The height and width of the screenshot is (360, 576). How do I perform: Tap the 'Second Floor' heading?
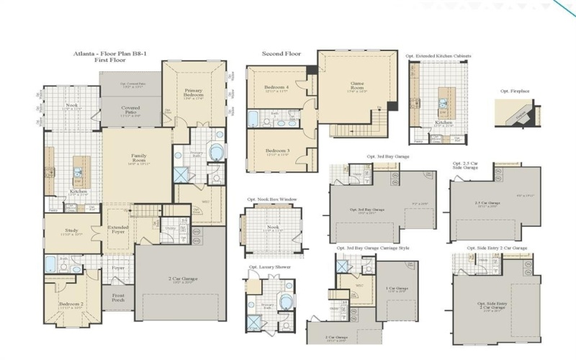coord(282,53)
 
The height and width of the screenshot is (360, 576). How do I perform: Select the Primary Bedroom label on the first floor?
coord(194,91)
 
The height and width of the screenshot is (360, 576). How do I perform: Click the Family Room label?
coord(139,158)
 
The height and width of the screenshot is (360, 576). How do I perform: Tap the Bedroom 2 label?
coord(72,304)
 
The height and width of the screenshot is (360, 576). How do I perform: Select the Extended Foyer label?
coord(119,230)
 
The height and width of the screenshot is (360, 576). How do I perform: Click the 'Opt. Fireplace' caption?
coord(515,91)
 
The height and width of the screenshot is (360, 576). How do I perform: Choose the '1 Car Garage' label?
coord(397,288)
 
